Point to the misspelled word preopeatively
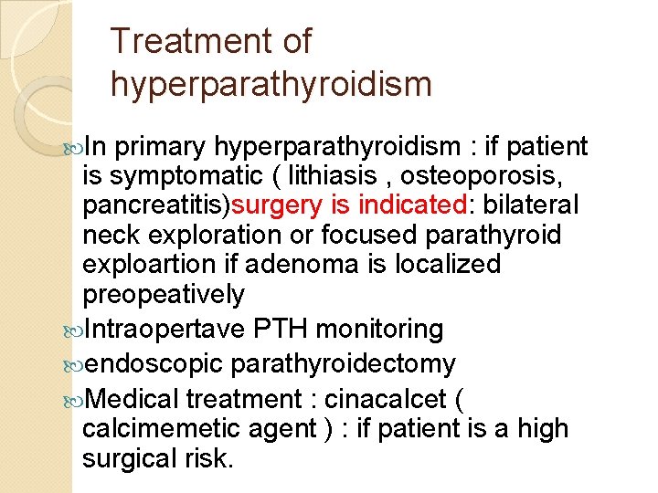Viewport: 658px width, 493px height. [x=164, y=295]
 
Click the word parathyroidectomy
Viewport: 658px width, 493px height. [x=343, y=364]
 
